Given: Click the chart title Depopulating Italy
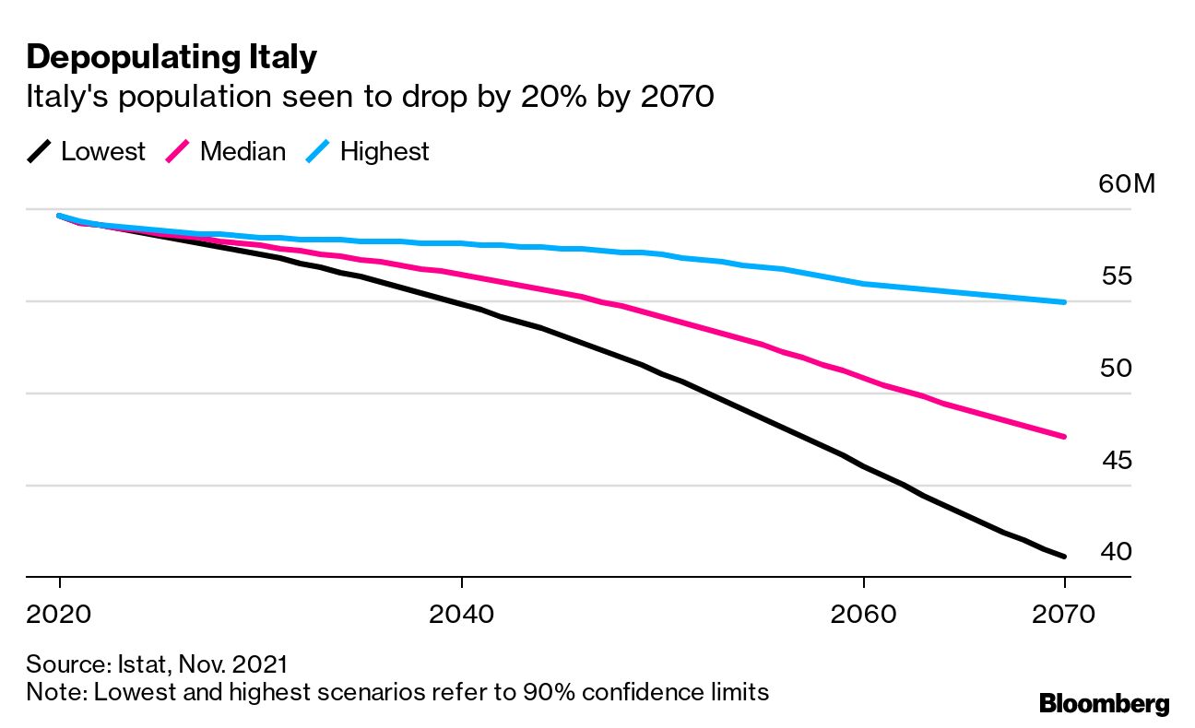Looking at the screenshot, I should (x=172, y=57).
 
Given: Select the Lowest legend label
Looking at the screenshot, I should (x=103, y=152).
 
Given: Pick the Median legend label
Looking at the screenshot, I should (x=243, y=152).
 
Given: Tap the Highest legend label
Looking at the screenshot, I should (x=385, y=152).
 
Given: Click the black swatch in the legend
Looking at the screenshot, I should (x=40, y=152).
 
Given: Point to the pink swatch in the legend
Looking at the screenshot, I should (x=178, y=152).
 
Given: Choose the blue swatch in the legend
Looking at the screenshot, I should (x=318, y=152).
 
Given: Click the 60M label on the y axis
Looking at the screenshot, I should (x=1126, y=184).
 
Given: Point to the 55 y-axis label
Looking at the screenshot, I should (x=1118, y=276).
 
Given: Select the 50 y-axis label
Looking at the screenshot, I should (x=1118, y=369).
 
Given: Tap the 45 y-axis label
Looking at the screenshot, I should (x=1118, y=460).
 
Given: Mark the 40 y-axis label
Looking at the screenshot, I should (x=1118, y=552).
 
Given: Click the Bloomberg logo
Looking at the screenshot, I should (x=1104, y=704).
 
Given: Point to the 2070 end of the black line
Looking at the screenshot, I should (x=1064, y=556).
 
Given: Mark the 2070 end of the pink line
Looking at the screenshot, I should (x=1064, y=436).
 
